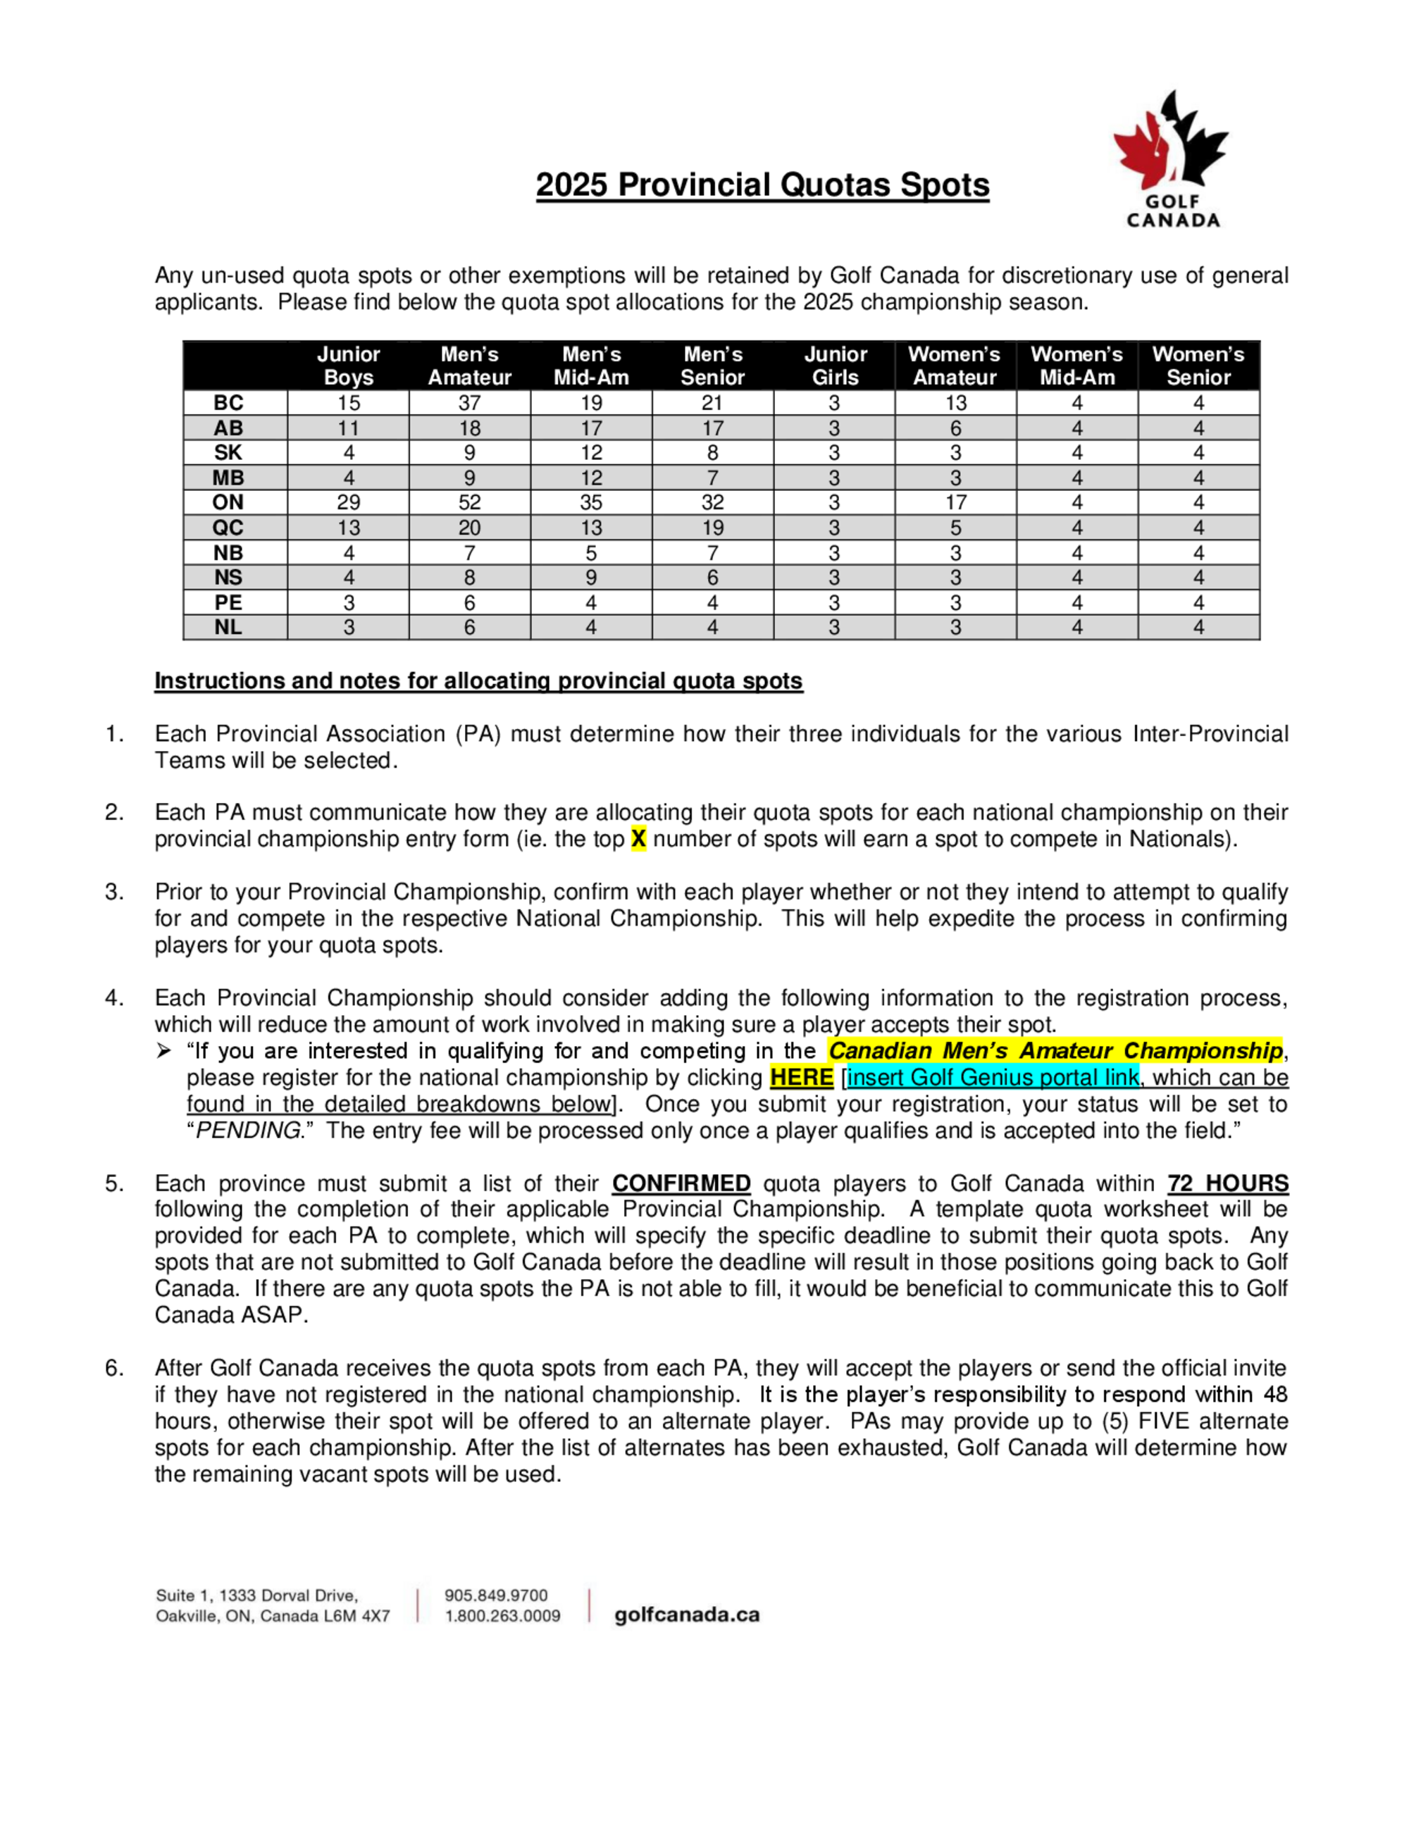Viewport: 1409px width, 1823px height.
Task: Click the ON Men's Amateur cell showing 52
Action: (x=469, y=502)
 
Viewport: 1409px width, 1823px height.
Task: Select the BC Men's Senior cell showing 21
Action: (x=712, y=403)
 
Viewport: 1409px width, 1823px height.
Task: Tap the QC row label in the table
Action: (x=228, y=528)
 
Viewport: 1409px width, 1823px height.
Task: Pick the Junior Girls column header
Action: (x=835, y=366)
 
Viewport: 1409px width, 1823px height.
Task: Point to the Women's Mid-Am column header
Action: (x=1076, y=366)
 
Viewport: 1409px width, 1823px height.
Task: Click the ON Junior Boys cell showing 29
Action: (x=348, y=502)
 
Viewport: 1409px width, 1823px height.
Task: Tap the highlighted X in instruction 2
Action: (x=638, y=839)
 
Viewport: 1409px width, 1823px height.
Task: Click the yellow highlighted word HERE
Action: (x=801, y=1078)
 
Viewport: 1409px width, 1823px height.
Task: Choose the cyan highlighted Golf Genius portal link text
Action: (x=993, y=1078)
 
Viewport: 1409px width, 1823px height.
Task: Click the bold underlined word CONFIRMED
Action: (x=681, y=1183)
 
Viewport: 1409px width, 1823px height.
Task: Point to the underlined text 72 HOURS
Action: (x=1228, y=1183)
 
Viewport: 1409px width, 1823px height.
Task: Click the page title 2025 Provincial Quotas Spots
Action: (x=762, y=185)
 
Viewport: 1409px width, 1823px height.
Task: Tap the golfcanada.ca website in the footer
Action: (x=687, y=1615)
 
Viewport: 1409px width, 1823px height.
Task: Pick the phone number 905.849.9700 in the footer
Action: (x=496, y=1595)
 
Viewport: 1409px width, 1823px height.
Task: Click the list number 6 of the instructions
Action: (x=113, y=1369)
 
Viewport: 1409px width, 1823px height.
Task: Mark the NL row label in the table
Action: (x=228, y=627)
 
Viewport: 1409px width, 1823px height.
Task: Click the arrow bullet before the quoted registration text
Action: (x=164, y=1051)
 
